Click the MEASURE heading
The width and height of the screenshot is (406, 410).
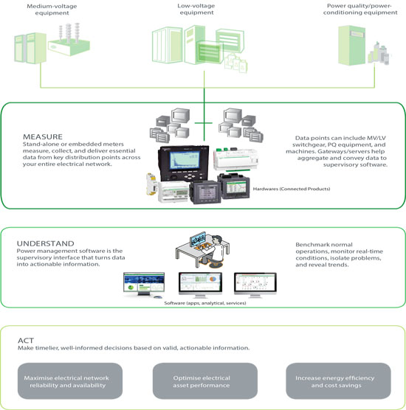(43, 136)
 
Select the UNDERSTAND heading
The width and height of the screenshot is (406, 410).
(45, 243)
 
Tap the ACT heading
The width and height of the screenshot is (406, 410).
(26, 341)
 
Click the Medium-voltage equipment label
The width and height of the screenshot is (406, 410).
(52, 10)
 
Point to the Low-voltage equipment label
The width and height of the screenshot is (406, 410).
(196, 9)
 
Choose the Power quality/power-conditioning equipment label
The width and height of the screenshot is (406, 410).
(360, 9)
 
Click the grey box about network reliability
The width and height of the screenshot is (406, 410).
(70, 381)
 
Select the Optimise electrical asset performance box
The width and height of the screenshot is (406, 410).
(205, 381)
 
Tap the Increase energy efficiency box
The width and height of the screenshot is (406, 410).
(338, 381)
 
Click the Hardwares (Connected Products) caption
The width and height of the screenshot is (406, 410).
(292, 189)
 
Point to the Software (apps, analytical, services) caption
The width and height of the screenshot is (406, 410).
(205, 303)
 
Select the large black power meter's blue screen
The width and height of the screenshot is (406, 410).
(185, 161)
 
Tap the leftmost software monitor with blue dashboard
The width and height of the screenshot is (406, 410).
(144, 284)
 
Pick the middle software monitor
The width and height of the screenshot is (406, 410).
(200, 285)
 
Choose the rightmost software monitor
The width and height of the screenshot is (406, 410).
(255, 285)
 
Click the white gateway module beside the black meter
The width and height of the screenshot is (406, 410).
(235, 160)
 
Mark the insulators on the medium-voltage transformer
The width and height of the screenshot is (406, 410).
(69, 32)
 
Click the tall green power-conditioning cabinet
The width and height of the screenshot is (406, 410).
(351, 45)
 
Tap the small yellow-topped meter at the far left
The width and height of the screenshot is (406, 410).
(151, 184)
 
